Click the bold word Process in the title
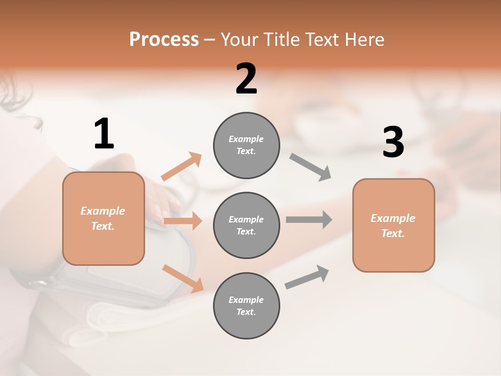(x=164, y=39)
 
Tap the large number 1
(x=104, y=134)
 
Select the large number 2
(x=246, y=79)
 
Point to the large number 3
(x=393, y=143)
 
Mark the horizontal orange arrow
(x=183, y=221)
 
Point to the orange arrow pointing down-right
(x=183, y=278)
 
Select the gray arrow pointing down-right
(x=311, y=167)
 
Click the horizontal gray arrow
(x=309, y=219)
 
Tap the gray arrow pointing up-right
(x=307, y=277)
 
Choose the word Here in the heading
(x=365, y=39)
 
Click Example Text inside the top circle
(x=246, y=145)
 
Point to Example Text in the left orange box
(x=103, y=218)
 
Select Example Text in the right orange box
(x=393, y=226)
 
